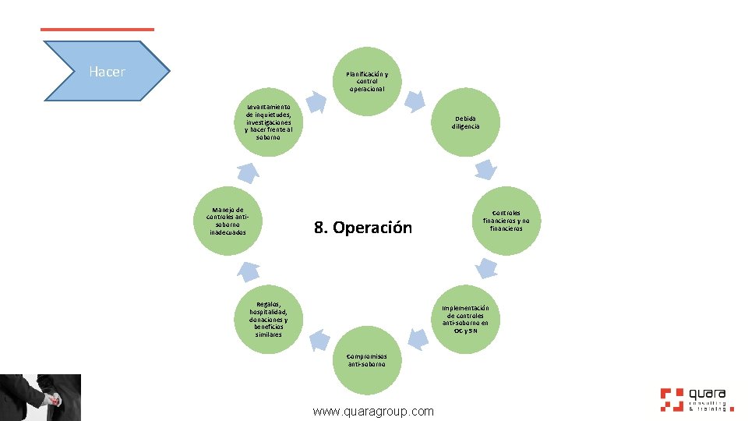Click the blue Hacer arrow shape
point(108,72)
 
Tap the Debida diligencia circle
point(467,122)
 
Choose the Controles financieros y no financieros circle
point(506,221)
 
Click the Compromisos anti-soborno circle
point(367,359)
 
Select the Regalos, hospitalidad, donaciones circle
point(267,320)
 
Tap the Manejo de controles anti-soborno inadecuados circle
point(227,221)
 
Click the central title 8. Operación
point(362,228)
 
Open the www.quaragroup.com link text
point(372,411)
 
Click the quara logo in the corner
point(693,399)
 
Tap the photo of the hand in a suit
point(41,398)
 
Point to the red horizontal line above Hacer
point(97,30)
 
